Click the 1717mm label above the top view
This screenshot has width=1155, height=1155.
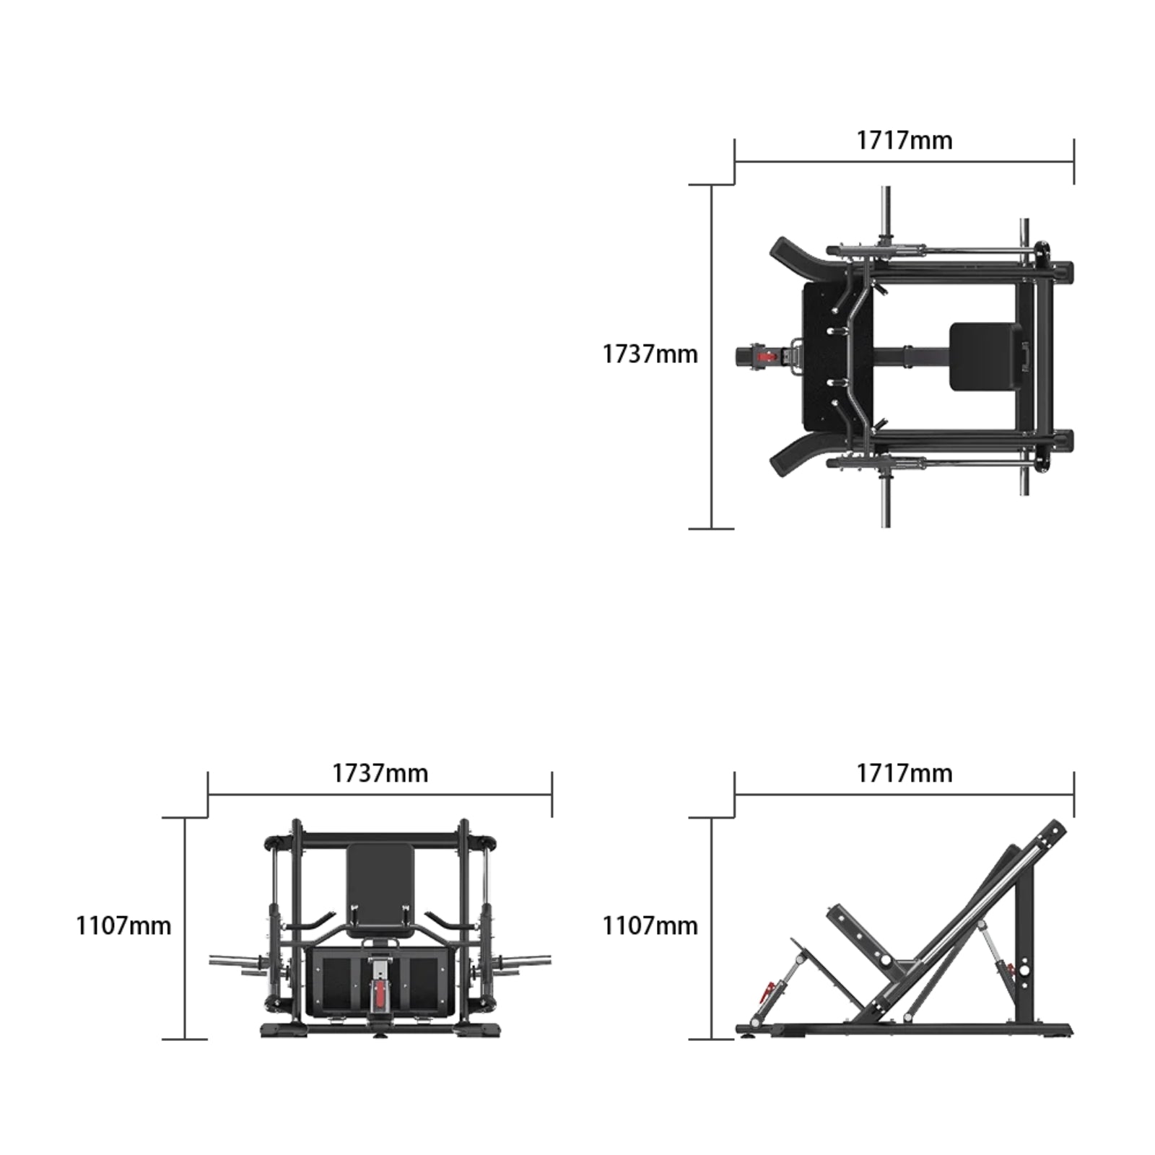click(x=904, y=140)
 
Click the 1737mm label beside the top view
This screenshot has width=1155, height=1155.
click(x=650, y=354)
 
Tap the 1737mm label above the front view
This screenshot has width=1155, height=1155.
click(x=380, y=773)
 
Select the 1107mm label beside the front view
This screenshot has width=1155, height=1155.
click(x=123, y=925)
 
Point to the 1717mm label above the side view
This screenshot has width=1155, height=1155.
click(x=904, y=773)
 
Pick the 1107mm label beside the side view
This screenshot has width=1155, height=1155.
click(x=650, y=925)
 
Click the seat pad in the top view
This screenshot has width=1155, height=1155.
click(x=985, y=357)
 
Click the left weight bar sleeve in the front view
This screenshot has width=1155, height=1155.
click(x=235, y=961)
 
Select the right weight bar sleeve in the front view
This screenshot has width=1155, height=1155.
click(x=527, y=961)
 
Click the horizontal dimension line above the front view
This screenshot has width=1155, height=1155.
click(x=380, y=795)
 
